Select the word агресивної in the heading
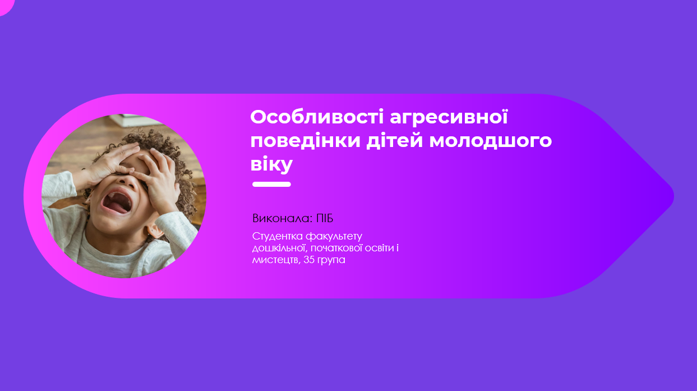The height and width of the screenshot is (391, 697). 449,117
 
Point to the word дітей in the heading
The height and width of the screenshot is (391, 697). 395,141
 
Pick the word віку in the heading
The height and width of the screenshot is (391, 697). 271,164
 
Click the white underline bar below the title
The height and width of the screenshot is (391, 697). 271,185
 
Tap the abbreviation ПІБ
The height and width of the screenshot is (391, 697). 325,218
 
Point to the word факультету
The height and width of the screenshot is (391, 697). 334,237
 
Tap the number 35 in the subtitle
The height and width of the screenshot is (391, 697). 308,260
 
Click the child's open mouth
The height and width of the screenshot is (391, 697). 117,203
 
